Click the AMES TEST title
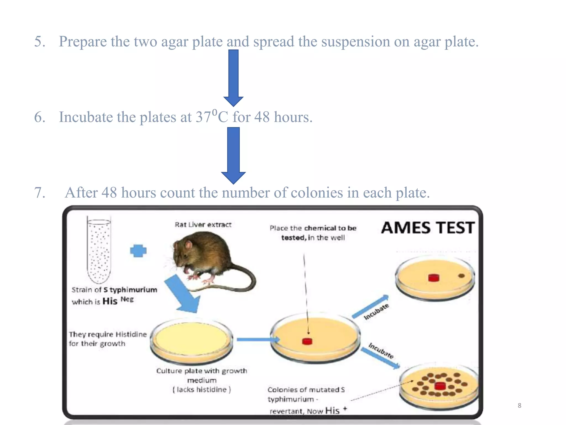pyautogui.click(x=428, y=228)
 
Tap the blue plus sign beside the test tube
pyautogui.click(x=138, y=251)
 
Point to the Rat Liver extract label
pyautogui.click(x=203, y=225)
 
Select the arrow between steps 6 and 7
pyautogui.click(x=234, y=155)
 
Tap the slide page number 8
pyautogui.click(x=519, y=406)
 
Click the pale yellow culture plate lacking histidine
pyautogui.click(x=192, y=339)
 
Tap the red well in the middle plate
pyautogui.click(x=307, y=341)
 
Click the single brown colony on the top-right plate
pyautogui.click(x=461, y=276)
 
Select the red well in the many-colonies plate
pyautogui.click(x=440, y=386)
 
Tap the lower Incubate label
pyautogui.click(x=381, y=351)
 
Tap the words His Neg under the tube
pyautogui.click(x=118, y=300)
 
